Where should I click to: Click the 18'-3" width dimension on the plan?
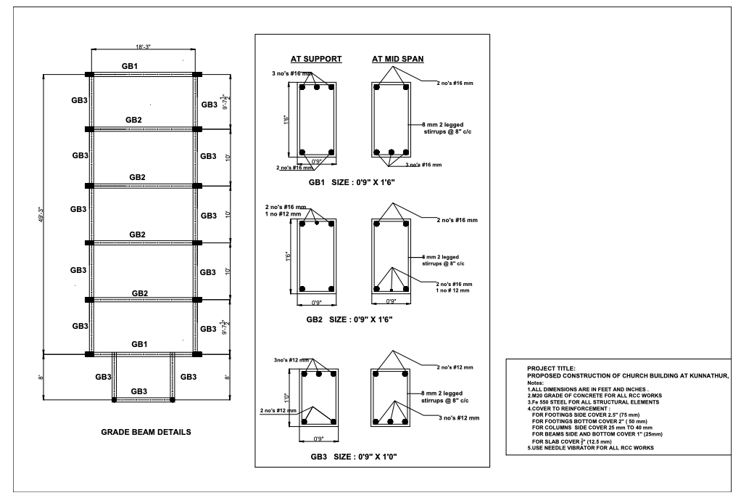point(143,47)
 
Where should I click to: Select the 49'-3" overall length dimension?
point(41,214)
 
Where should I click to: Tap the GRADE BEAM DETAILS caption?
point(146,432)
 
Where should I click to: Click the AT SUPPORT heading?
point(316,60)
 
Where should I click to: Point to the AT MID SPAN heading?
point(398,60)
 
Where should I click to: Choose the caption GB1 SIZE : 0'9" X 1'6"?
point(352,182)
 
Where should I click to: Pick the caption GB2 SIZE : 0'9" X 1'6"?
point(349,319)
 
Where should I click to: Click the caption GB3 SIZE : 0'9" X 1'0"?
point(354,457)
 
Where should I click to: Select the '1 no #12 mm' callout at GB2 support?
point(283,214)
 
